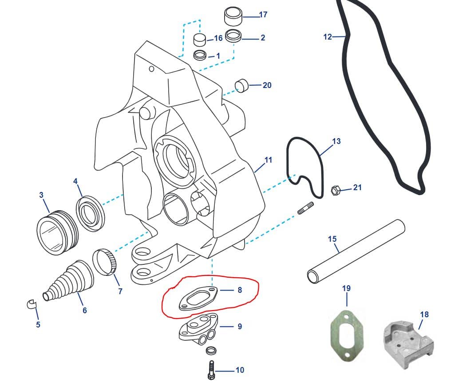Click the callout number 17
pyautogui.click(x=263, y=15)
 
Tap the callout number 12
pyautogui.click(x=328, y=37)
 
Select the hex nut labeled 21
pyautogui.click(x=336, y=191)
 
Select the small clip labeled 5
pyautogui.click(x=31, y=305)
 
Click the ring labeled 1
pyautogui.click(x=201, y=56)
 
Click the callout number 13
pyautogui.click(x=336, y=141)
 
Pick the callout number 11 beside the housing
pyautogui.click(x=268, y=160)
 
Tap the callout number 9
pyautogui.click(x=239, y=326)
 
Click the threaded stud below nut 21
pyautogui.click(x=306, y=208)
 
